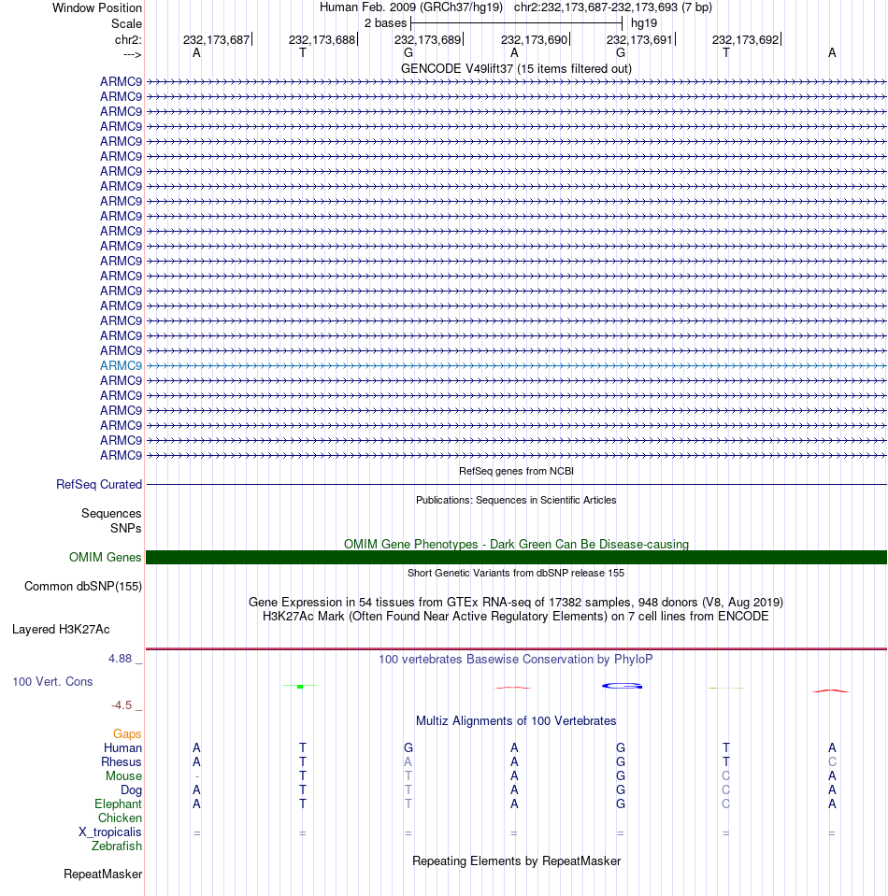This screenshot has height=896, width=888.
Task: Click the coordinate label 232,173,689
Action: point(427,39)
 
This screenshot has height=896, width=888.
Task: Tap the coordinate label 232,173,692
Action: point(745,39)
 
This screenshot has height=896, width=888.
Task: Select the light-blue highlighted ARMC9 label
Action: point(121,365)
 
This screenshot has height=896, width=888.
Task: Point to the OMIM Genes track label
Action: point(106,558)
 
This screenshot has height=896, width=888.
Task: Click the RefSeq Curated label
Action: point(99,485)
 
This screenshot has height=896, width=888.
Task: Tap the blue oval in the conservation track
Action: point(621,686)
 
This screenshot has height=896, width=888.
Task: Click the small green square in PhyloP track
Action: point(299,687)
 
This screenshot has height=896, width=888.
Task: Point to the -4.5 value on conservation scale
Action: point(123,705)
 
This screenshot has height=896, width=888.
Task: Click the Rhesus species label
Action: point(122,761)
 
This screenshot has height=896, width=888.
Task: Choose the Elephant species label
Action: point(118,804)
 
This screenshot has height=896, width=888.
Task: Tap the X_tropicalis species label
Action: point(110,832)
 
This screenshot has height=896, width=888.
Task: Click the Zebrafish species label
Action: point(117,846)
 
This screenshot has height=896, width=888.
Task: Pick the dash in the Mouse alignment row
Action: point(196,776)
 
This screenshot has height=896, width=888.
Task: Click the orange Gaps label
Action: point(127,733)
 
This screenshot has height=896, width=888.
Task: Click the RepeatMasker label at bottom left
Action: point(103,875)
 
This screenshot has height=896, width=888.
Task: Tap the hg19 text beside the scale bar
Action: point(644,21)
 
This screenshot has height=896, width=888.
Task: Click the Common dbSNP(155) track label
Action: point(82,587)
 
